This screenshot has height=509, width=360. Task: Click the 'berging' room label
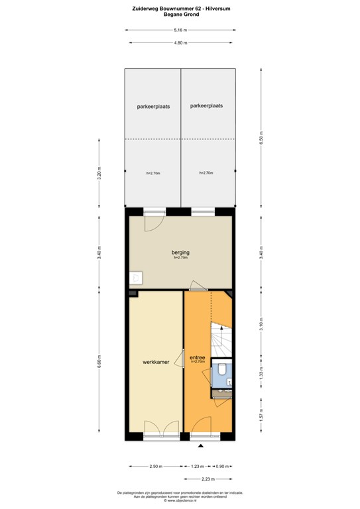pos(180,253)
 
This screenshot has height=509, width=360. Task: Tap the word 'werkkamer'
pos(156,362)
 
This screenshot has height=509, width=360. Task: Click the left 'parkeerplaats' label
pos(152,106)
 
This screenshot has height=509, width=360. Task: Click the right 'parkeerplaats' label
pos(206,105)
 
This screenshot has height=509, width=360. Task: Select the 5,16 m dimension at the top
pos(180,30)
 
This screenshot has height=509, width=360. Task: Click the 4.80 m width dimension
pos(180,43)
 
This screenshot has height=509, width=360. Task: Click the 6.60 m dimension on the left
pos(99,363)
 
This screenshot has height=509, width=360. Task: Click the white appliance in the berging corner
pos(135,278)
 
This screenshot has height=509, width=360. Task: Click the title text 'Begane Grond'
pos(180,14)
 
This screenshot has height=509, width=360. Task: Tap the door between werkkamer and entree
pos(180,359)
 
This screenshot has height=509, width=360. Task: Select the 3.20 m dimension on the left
pos(99,175)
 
